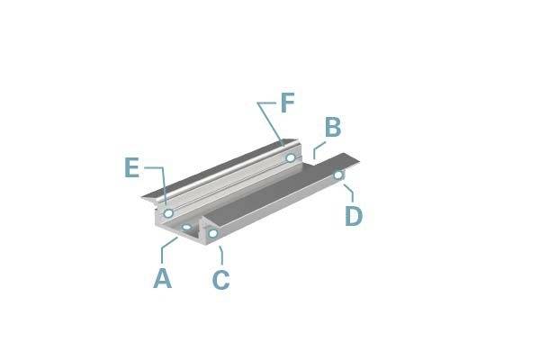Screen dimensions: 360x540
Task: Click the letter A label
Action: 162,278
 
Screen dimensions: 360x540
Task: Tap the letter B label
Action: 332,128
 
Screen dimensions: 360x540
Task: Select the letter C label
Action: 220,280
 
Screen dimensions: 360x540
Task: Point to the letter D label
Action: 354,216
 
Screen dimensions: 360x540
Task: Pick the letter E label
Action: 132,167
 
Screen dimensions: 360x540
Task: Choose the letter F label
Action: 287,103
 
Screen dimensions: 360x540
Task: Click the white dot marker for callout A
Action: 186,227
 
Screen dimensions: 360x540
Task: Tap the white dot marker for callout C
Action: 213,234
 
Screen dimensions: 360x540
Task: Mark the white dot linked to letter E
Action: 168,212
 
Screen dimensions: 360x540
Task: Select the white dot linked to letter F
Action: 290,157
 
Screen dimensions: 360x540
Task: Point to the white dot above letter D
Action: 338,175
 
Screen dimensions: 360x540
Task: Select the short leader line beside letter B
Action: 316,150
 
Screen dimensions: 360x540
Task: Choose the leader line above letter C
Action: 220,254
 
